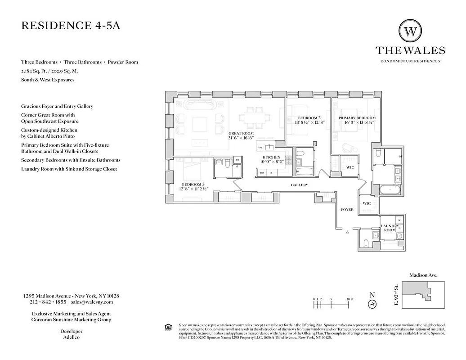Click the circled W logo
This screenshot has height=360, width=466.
click(410, 31)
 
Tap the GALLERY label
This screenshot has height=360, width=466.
click(299, 185)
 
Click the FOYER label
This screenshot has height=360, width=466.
click(347, 210)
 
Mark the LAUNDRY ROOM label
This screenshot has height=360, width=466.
click(390, 228)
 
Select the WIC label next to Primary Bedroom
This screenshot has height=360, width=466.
click(350, 167)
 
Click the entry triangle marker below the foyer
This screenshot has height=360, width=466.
click(348, 233)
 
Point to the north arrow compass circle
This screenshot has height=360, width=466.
click(372, 305)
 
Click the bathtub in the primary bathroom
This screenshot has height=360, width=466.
click(390, 190)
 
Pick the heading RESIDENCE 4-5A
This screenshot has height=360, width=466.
click(71, 26)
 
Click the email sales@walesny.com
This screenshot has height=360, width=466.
click(95, 302)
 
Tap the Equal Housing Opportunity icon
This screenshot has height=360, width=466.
click(168, 326)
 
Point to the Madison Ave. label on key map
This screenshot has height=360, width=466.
click(423, 275)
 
